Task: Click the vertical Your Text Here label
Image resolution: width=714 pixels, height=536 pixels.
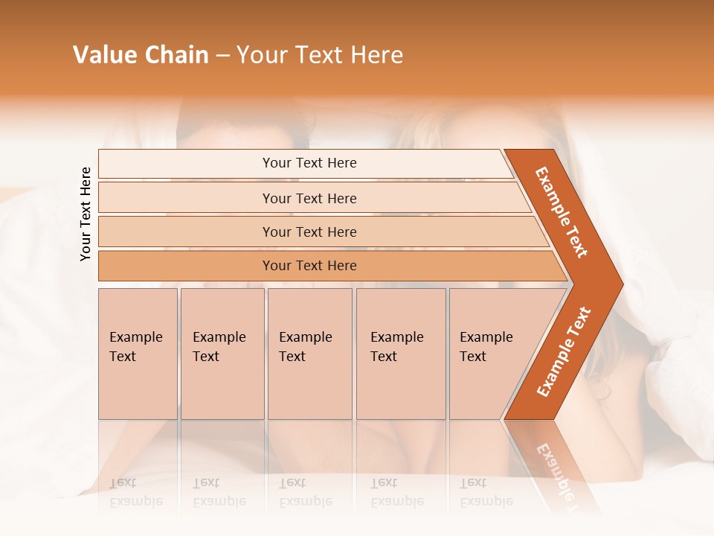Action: pyautogui.click(x=86, y=214)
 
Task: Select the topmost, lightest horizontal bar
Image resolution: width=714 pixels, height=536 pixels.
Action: pyautogui.click(x=186, y=164)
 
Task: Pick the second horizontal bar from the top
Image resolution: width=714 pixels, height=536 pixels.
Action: pyautogui.click(x=186, y=198)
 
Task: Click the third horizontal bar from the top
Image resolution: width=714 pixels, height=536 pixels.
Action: pyautogui.click(x=186, y=232)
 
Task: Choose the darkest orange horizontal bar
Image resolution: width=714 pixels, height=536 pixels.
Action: pyautogui.click(x=186, y=266)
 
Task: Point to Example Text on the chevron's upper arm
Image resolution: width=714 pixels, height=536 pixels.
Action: pyautogui.click(x=562, y=212)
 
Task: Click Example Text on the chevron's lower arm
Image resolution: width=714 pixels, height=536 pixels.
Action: pyautogui.click(x=564, y=351)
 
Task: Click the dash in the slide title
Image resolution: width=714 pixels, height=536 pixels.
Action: pyautogui.click(x=222, y=55)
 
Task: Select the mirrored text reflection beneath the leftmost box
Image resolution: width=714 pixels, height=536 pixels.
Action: pyautogui.click(x=135, y=492)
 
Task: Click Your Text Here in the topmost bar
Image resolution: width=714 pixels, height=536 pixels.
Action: pyautogui.click(x=309, y=163)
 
